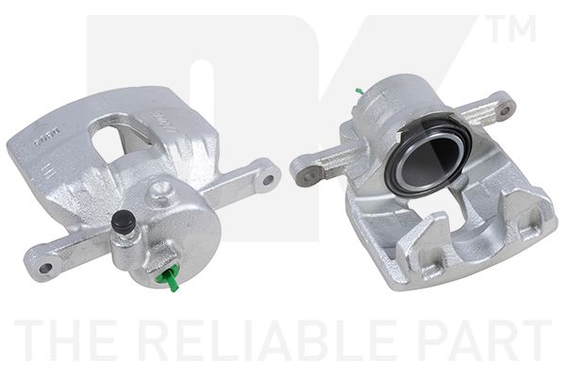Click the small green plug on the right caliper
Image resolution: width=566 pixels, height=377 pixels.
[359, 91]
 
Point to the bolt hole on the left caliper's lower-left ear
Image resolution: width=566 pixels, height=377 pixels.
[41, 251]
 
